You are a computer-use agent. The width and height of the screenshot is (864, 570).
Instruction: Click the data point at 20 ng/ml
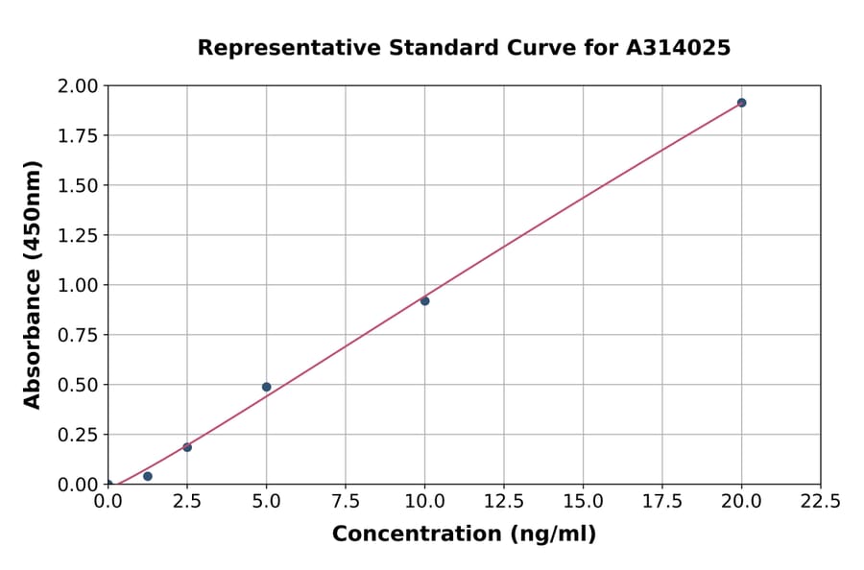coord(741,103)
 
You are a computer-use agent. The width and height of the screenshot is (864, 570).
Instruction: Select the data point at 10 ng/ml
coord(424,301)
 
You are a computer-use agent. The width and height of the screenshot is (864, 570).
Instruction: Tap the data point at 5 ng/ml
coord(266,387)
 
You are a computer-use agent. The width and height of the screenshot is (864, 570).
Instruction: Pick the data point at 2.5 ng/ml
coord(187,447)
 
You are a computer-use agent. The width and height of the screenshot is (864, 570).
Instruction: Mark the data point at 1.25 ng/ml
coord(147,476)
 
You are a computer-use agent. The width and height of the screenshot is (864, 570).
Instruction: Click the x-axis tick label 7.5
coord(346,502)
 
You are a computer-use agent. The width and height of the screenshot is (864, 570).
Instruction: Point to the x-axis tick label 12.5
coord(504,502)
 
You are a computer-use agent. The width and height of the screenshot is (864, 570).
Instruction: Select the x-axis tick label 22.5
coord(820,502)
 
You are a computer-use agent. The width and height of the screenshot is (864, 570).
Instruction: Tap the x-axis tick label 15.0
coord(583,502)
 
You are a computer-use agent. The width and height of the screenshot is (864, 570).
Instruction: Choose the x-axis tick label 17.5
coord(661,502)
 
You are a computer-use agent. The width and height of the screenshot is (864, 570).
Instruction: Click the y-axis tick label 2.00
coord(78,86)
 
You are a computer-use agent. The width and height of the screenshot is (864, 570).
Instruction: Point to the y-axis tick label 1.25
coord(78,235)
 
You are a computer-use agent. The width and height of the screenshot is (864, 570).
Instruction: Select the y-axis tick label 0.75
coord(78,335)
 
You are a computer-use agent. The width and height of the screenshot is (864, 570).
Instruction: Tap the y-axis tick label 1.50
coord(78,185)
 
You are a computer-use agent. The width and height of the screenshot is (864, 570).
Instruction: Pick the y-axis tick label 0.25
coord(78,435)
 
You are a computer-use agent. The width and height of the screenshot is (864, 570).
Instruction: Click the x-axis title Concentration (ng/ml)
coord(464,534)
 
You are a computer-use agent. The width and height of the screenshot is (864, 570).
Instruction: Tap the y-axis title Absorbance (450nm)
coord(33,285)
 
